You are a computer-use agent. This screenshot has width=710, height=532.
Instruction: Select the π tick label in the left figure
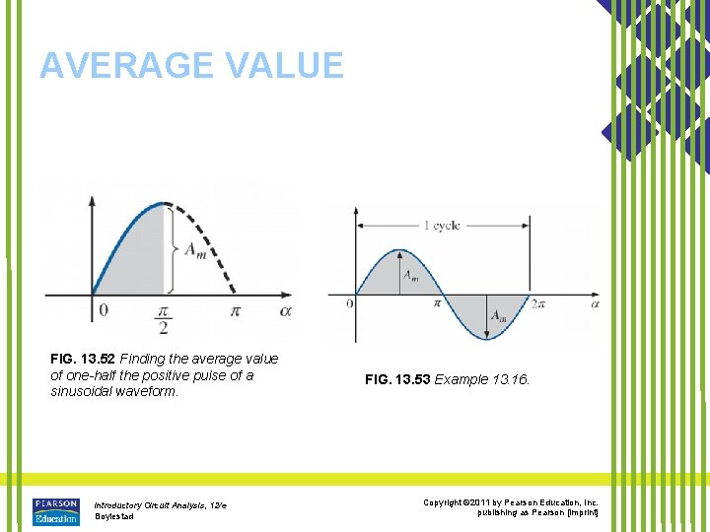click(x=235, y=311)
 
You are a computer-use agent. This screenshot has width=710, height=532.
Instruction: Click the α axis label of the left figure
click(x=285, y=311)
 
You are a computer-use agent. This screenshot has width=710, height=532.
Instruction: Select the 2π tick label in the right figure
click(x=537, y=305)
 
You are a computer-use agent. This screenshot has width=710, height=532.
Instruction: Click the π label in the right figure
click(x=437, y=305)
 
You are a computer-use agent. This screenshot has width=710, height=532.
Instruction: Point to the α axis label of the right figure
click(x=595, y=305)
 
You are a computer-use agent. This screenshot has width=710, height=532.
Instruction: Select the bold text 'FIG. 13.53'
click(x=397, y=378)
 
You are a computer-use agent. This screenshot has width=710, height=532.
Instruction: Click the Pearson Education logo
click(x=56, y=511)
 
